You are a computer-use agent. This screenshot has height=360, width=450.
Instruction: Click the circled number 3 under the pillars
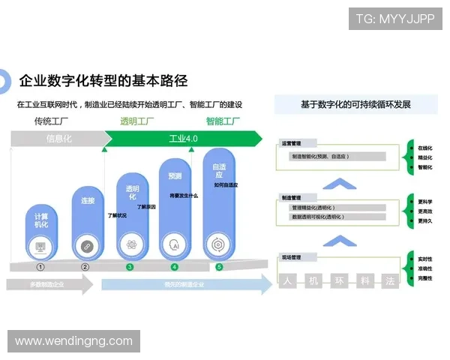(130, 266)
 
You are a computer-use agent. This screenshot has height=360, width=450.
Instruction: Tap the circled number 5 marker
(219, 266)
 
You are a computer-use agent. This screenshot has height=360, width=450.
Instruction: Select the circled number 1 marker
(40, 266)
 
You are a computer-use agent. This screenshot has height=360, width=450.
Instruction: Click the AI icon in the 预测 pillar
(175, 244)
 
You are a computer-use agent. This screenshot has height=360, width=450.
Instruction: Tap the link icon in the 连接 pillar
(85, 245)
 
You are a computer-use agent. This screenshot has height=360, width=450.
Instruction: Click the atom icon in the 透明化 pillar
(130, 244)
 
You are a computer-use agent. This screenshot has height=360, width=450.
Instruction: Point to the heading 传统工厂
(50, 121)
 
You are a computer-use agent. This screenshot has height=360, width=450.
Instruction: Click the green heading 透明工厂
(137, 121)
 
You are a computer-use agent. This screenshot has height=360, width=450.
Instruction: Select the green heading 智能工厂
(223, 121)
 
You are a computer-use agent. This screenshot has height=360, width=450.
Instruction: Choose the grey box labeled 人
(287, 282)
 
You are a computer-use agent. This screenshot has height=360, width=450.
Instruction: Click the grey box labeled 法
(389, 282)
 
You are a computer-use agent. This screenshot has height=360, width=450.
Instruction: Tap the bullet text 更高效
(424, 211)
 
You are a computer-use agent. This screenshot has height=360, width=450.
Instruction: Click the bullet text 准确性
(424, 268)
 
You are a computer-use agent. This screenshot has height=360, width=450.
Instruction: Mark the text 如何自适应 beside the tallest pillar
(226, 184)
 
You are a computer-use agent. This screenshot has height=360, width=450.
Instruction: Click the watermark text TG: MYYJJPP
(395, 19)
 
